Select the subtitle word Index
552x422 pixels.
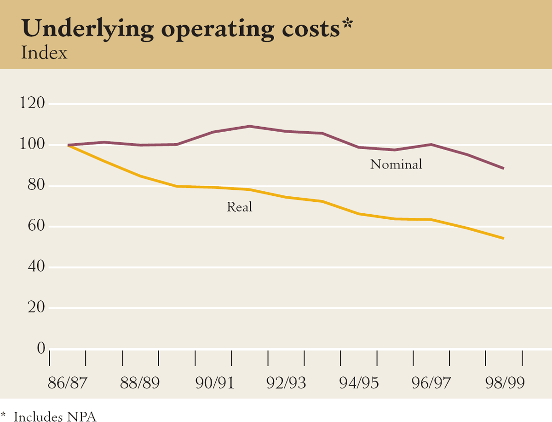click(x=44, y=52)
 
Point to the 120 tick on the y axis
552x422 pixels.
click(x=32, y=104)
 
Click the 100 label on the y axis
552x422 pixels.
click(x=32, y=145)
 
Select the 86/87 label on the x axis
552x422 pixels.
click(x=67, y=383)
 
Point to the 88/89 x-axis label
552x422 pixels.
click(x=140, y=383)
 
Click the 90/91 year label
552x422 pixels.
click(x=213, y=383)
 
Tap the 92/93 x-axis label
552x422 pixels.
click(x=286, y=383)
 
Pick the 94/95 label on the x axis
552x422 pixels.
click(x=358, y=383)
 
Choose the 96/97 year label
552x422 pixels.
click(x=431, y=383)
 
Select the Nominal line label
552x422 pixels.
click(x=396, y=164)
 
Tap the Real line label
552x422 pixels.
click(x=240, y=207)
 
